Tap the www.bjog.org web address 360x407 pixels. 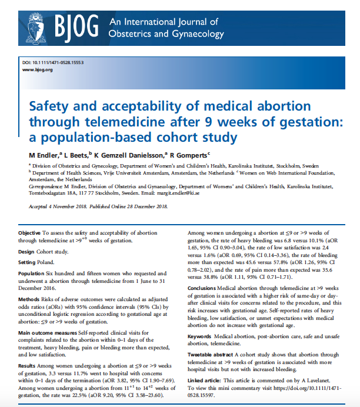point(38,70)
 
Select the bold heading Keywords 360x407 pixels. point(203,337)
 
